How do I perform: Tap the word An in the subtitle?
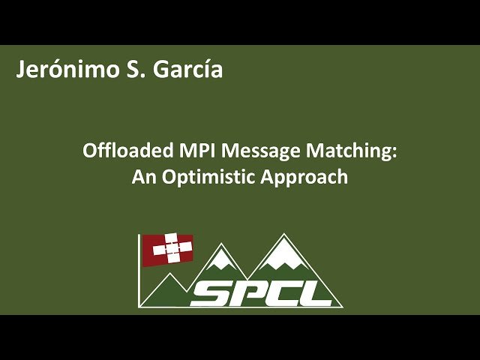[144, 177]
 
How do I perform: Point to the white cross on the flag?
[171, 248]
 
